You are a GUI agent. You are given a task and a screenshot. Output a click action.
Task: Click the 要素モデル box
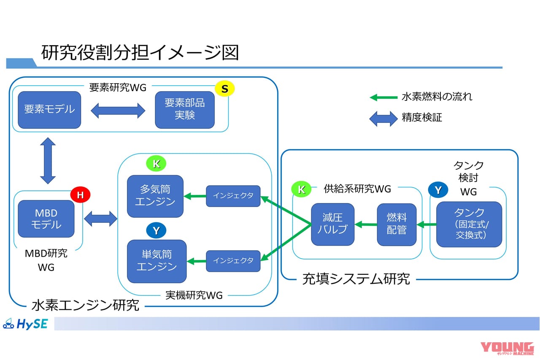[49, 109]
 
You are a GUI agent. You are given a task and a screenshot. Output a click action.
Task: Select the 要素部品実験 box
[185, 109]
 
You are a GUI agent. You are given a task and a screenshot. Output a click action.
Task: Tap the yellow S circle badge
[224, 89]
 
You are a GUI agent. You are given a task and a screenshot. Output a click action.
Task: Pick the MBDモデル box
[46, 219]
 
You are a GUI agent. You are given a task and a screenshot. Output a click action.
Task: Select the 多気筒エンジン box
[155, 196]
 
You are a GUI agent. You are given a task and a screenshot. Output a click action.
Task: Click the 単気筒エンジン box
[157, 261]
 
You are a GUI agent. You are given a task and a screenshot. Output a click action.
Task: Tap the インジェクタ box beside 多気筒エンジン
[233, 196]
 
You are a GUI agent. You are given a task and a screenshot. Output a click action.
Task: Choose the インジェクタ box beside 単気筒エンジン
[233, 261]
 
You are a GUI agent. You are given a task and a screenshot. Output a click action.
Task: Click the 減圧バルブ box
[332, 224]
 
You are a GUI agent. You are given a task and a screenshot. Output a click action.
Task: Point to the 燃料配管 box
[397, 224]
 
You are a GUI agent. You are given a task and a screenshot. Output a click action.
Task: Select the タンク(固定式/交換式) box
[469, 224]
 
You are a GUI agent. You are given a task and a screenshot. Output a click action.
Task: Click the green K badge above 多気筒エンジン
[156, 164]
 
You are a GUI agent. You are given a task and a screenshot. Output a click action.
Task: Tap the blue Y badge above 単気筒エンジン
[156, 230]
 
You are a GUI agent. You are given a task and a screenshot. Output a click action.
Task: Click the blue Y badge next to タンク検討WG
[438, 190]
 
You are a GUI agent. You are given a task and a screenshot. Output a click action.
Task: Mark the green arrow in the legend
[383, 97]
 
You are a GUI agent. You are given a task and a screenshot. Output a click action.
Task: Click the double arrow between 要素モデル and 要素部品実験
[118, 111]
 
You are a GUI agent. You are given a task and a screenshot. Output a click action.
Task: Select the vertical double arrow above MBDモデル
[48, 160]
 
